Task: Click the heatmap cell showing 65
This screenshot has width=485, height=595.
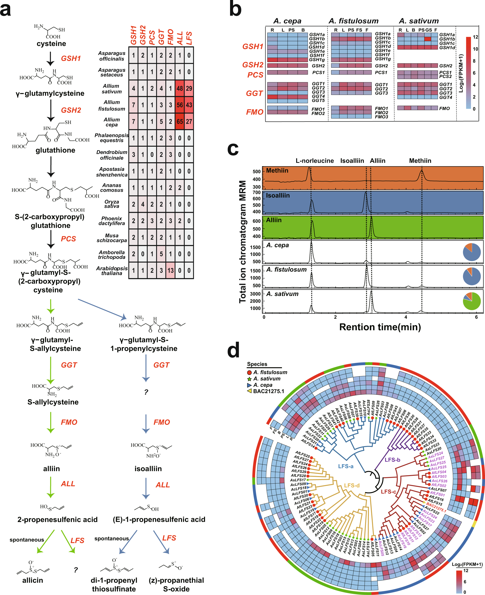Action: tap(180, 122)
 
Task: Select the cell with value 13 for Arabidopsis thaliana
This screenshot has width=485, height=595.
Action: tap(170, 270)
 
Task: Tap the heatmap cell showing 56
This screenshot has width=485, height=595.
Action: tap(180, 105)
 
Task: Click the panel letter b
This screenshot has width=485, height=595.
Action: tap(235, 9)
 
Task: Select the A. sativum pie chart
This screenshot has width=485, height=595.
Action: tap(471, 301)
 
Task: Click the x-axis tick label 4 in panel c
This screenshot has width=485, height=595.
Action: tap(406, 317)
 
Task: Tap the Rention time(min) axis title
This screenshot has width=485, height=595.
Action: tap(380, 327)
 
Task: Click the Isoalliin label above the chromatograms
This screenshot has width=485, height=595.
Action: tap(352, 161)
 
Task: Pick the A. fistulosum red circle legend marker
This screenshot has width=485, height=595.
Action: tap(249, 372)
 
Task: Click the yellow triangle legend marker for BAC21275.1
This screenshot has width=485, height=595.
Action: tap(249, 391)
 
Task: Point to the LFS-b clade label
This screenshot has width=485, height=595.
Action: tap(392, 460)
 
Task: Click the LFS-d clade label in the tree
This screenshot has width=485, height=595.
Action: tap(352, 486)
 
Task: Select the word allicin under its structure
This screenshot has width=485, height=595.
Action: tap(33, 580)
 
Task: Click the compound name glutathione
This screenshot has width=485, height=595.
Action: tap(55, 150)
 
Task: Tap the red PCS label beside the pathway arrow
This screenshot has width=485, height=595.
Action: tap(68, 239)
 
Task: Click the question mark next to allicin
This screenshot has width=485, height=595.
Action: tap(76, 570)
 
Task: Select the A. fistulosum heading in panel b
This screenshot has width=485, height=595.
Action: tap(354, 21)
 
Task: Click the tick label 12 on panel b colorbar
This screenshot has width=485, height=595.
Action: tap(475, 37)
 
